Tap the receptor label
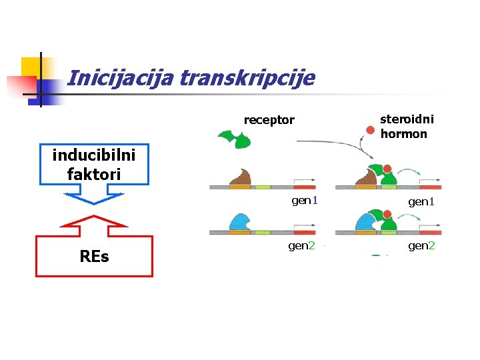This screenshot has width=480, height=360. [269, 120]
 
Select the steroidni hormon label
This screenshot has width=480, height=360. [406, 126]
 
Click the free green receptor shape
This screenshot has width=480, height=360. [233, 139]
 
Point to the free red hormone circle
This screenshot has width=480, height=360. [371, 130]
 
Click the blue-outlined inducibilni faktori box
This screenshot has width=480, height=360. [94, 165]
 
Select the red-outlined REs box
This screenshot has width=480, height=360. [94, 256]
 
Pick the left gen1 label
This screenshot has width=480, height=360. [305, 201]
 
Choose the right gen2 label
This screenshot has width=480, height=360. [421, 246]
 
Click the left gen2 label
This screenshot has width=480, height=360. [301, 246]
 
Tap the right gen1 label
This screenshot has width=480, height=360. [421, 201]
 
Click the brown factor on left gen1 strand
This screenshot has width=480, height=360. [240, 177]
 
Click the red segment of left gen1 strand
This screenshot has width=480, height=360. [304, 187]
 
